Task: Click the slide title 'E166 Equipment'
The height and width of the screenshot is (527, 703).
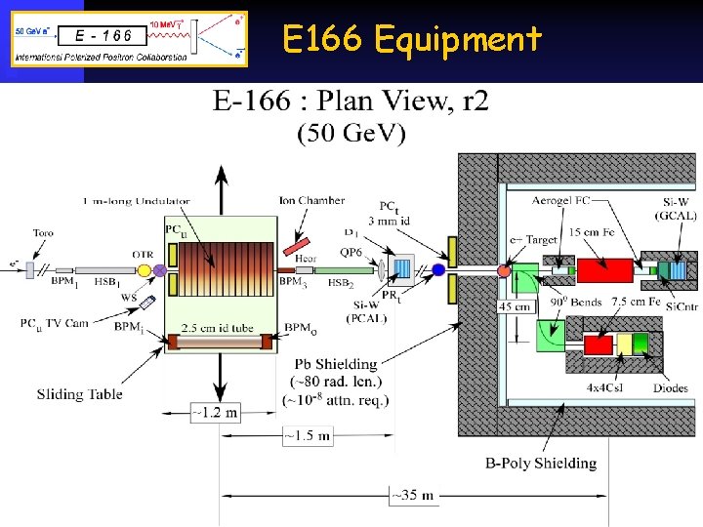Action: point(411,40)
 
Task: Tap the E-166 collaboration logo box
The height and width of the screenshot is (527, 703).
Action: point(130,38)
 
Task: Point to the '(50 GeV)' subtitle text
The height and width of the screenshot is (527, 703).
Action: point(351,134)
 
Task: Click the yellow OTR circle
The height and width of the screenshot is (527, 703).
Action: point(145,269)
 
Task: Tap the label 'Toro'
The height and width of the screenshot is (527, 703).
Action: point(43,233)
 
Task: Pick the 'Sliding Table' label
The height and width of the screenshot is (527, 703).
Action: point(80,394)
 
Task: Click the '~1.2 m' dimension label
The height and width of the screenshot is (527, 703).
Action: point(214,413)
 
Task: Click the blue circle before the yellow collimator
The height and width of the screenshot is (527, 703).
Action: point(438,269)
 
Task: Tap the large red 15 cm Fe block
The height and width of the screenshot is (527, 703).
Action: point(604,268)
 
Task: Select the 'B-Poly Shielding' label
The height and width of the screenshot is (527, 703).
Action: point(540,463)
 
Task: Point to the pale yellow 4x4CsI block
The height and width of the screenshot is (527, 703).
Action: point(625,344)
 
